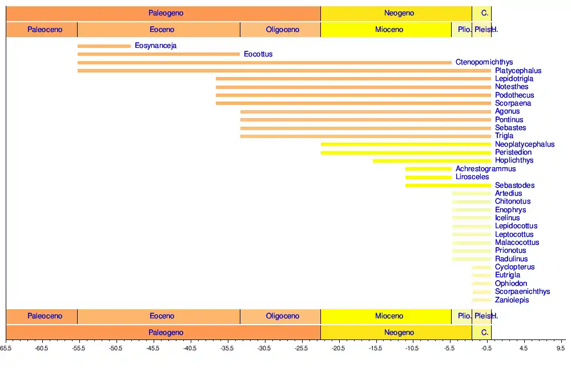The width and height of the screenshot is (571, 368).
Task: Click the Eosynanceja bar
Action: click(104, 46)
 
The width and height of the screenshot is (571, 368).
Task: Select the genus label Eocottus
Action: click(258, 54)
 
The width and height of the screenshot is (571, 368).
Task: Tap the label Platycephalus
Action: click(518, 71)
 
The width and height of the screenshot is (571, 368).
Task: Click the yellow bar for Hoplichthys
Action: click(432, 161)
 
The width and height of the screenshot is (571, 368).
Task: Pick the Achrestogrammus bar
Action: click(428, 169)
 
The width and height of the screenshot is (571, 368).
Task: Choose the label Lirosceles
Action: click(472, 177)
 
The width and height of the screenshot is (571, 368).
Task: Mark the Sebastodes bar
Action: click(448, 185)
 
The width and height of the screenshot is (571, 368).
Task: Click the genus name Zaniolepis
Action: click(512, 300)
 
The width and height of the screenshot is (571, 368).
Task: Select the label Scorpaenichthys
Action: click(522, 292)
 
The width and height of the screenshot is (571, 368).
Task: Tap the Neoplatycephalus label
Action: click(525, 144)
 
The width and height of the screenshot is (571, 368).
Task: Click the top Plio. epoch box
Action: click(461, 30)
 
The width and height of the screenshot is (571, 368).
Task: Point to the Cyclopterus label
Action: click(514, 267)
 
